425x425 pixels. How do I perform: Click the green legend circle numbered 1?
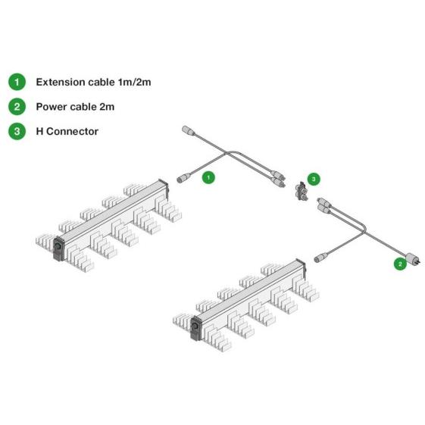point(17,82)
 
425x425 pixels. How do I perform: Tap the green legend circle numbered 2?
point(17,107)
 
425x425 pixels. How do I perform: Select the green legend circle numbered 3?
point(17,131)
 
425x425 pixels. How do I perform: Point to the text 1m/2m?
point(134,82)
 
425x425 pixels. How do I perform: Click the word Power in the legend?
point(52,107)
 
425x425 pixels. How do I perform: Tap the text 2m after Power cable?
point(107,107)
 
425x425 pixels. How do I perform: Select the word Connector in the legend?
point(73,132)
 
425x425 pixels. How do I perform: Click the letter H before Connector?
point(39,132)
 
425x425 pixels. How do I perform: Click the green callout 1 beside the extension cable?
point(208,177)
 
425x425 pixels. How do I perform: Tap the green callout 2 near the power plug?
point(400,264)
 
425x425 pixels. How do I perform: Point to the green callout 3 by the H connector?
point(314,179)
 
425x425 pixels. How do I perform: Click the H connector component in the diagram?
point(302,192)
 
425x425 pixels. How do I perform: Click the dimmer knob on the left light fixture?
point(58,246)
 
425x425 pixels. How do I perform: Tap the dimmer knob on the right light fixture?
point(195,325)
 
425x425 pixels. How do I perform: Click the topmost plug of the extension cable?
point(189,130)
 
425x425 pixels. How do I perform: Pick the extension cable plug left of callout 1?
point(183,178)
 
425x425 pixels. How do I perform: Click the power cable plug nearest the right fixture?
point(321,258)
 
